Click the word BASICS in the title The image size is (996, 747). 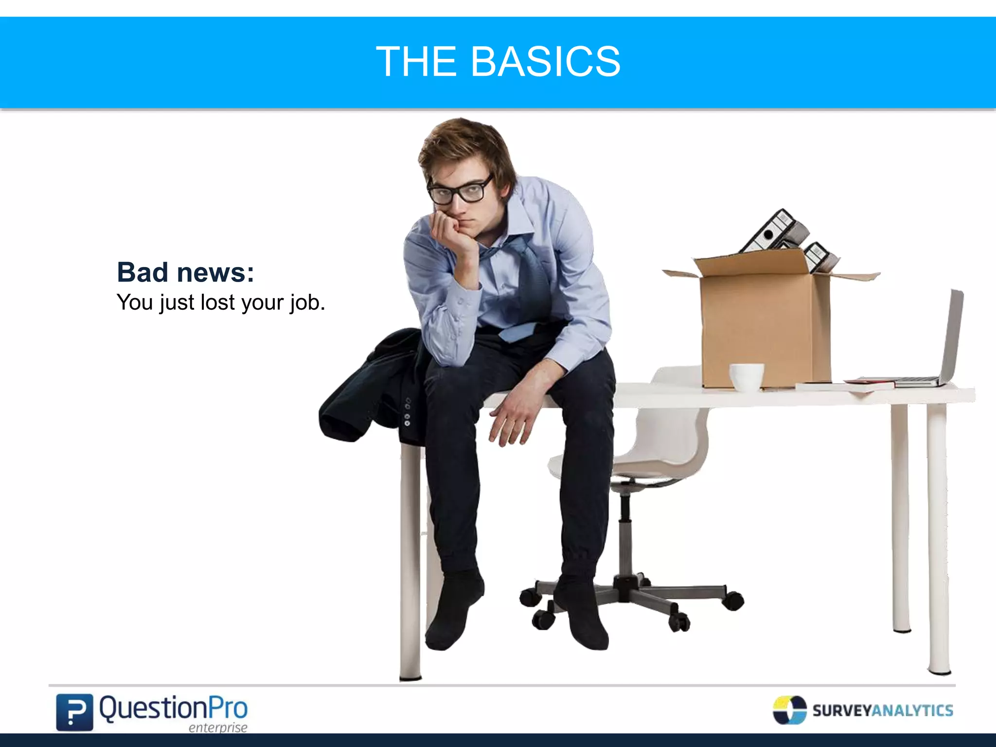click(x=545, y=62)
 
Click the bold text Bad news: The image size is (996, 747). click(x=185, y=272)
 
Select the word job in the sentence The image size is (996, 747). click(x=307, y=303)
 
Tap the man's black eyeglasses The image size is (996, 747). click(x=457, y=191)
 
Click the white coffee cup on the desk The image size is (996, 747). click(x=746, y=376)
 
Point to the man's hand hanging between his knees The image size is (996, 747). click(x=511, y=418)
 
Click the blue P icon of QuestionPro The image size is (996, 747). click(x=74, y=712)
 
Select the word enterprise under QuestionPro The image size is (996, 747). click(x=218, y=728)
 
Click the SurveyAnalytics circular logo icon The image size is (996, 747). click(x=789, y=710)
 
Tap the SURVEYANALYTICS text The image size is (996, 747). click(x=883, y=711)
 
